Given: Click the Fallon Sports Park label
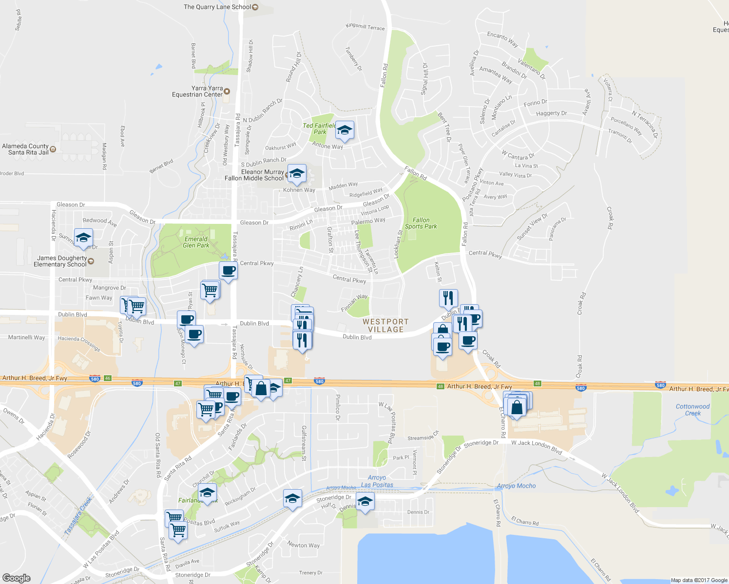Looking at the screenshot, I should click(x=421, y=223).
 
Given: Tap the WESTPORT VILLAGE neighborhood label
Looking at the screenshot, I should click(x=385, y=326).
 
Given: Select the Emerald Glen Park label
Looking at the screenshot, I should click(x=196, y=242).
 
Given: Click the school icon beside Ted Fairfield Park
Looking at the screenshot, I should click(x=345, y=130).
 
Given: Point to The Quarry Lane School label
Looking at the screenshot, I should click(x=217, y=7).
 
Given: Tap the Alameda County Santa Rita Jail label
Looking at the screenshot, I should click(x=25, y=149).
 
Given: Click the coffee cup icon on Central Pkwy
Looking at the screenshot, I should click(x=228, y=271).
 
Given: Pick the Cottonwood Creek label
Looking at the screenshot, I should click(x=692, y=410).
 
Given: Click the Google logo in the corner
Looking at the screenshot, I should click(x=16, y=578).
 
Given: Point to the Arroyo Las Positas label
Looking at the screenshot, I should click(x=377, y=481).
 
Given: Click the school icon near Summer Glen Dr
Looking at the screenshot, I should click(x=83, y=238).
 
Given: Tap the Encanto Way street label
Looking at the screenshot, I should click(x=502, y=39).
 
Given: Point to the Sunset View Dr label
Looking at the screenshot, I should click(x=532, y=227).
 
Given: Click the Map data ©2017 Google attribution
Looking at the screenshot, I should click(x=699, y=580).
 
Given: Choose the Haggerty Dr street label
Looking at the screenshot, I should click(x=551, y=113).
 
